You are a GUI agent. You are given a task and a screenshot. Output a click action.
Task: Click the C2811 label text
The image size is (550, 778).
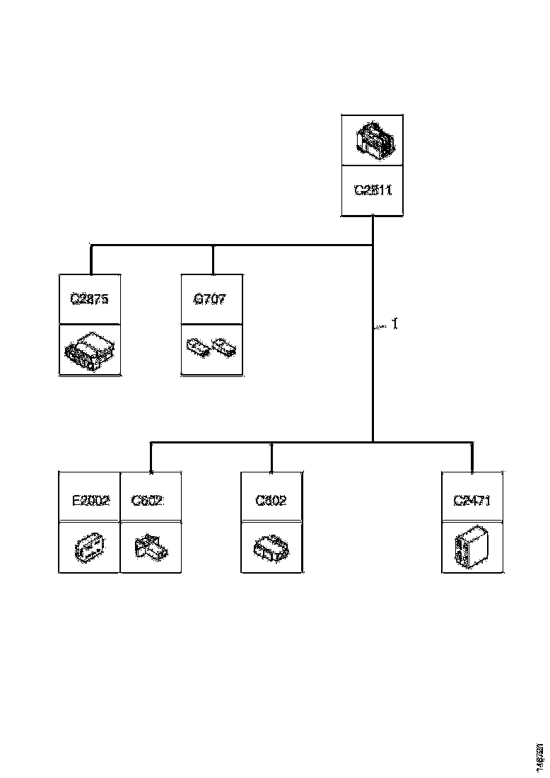click(373, 190)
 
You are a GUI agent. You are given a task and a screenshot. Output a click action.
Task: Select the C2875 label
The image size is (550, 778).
click(90, 299)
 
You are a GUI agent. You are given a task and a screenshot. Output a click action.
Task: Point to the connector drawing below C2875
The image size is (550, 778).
click(90, 349)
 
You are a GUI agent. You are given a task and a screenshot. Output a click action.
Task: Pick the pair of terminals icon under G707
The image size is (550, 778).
click(211, 348)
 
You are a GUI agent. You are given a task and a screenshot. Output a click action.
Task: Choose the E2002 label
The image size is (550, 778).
click(90, 501)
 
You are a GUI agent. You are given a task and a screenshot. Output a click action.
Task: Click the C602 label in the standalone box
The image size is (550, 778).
click(271, 501)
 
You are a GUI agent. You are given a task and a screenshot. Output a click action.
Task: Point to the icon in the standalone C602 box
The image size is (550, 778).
click(271, 547)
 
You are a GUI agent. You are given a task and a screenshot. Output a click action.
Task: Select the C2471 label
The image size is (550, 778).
click(472, 501)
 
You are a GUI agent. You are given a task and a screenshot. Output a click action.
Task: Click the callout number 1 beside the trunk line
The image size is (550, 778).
click(395, 324)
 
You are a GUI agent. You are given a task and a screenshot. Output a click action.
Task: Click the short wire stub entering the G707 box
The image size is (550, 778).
click(212, 260)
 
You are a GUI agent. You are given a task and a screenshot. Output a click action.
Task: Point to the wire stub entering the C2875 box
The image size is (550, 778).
click(90, 260)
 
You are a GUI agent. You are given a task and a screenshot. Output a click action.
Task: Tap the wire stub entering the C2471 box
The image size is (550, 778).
click(473, 458)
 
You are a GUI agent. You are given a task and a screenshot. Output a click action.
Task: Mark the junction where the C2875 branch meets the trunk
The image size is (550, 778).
click(373, 246)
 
